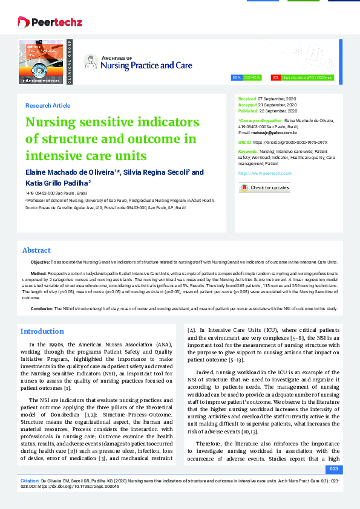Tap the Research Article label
(x=48, y=105)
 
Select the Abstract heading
(x=36, y=250)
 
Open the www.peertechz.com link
(x=261, y=173)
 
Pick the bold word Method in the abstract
(x=38, y=274)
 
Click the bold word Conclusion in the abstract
(x=42, y=308)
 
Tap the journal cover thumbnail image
(x=41, y=61)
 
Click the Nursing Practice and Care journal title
(x=146, y=65)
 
